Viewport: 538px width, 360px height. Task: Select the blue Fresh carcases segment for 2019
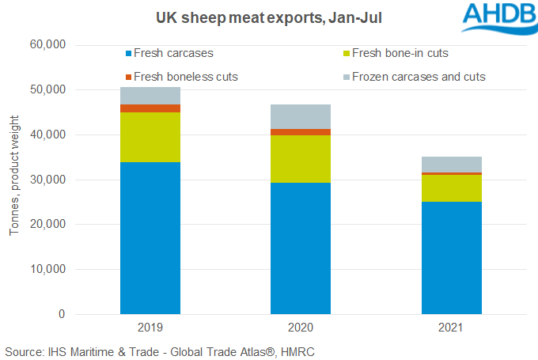150,237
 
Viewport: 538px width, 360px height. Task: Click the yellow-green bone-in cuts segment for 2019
150,137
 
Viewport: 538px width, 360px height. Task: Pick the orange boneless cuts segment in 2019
150,108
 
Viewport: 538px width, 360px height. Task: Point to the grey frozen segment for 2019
150,96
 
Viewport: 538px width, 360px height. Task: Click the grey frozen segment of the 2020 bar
301,116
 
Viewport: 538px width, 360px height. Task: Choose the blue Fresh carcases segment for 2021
451,257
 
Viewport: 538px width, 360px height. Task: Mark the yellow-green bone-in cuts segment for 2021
451,188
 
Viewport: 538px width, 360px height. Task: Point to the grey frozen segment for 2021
451,164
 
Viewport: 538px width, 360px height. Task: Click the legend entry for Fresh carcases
169,54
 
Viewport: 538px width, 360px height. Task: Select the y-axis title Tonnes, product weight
13,180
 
